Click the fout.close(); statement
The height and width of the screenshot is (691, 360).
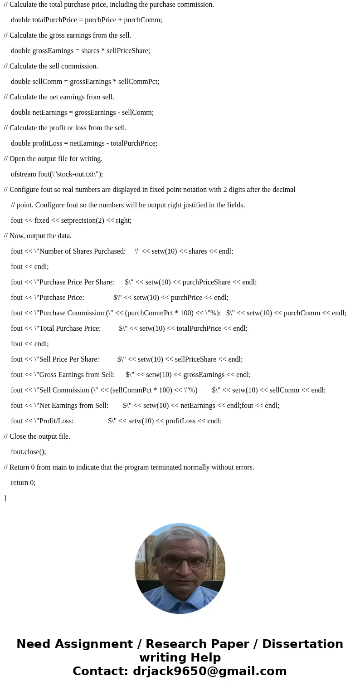(29, 452)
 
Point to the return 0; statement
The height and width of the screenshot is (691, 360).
(23, 483)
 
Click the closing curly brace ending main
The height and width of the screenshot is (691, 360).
(5, 498)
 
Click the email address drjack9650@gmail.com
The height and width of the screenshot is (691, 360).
(209, 671)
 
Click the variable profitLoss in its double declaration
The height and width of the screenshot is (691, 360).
(47, 143)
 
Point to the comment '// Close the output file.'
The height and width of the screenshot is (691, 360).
(37, 436)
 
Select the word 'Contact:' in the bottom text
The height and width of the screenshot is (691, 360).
(100, 671)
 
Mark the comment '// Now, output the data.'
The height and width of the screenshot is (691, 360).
(38, 236)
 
